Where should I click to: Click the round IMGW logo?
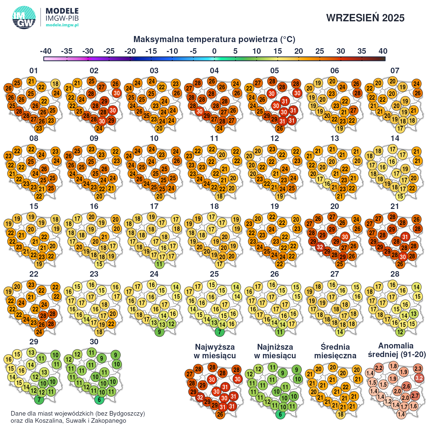click(x=24, y=17)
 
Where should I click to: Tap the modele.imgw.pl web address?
click(x=62, y=25)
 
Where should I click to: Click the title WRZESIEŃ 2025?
click(x=365, y=18)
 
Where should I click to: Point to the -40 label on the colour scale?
click(x=46, y=51)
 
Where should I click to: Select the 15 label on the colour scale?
click(x=277, y=51)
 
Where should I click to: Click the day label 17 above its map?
click(x=154, y=206)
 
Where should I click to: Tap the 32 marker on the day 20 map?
click(x=320, y=247)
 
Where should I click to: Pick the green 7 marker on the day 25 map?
click(x=220, y=332)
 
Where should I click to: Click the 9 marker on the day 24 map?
click(x=159, y=332)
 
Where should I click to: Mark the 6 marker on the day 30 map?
click(x=99, y=400)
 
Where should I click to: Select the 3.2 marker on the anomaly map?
click(x=419, y=378)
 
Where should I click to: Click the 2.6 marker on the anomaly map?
click(x=406, y=386)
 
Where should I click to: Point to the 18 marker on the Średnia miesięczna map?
click(x=341, y=415)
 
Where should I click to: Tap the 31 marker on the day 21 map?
click(x=405, y=237)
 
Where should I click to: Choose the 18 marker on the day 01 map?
click(x=55, y=84)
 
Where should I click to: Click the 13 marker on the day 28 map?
click(x=414, y=314)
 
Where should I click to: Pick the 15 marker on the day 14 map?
click(x=400, y=196)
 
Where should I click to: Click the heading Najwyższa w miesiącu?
click(x=215, y=351)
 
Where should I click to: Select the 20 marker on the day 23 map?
click(x=113, y=314)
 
